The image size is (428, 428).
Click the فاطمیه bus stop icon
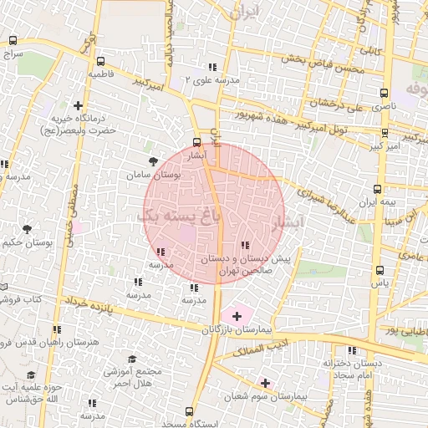[x=101, y=61]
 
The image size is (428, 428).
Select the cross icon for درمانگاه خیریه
[x=79, y=106]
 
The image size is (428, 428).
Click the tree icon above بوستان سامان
[x=151, y=161]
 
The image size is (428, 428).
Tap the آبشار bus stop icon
[x=197, y=142]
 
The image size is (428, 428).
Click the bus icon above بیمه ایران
[x=377, y=190]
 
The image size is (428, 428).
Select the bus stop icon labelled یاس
[x=380, y=270]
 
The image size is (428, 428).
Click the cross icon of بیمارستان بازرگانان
[x=237, y=316]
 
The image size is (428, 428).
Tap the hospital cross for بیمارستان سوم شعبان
[x=266, y=383]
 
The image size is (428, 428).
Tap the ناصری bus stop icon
[x=383, y=94]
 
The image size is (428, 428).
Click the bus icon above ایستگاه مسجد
[x=190, y=412]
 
